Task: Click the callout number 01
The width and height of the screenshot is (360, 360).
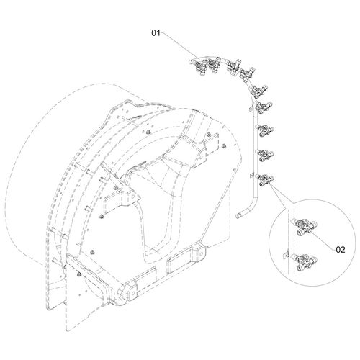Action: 156,33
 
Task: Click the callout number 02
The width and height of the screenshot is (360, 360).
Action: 341,250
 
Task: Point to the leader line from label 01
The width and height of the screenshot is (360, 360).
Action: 179,45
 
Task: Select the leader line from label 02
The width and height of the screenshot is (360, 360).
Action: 323,240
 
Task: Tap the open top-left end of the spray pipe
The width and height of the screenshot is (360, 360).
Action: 190,62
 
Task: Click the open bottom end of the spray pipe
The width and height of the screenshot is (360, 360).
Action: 238,215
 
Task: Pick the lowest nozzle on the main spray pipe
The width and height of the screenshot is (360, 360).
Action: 264,181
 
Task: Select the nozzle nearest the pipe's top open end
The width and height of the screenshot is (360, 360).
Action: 200,67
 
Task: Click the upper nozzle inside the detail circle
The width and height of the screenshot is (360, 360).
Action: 304,226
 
